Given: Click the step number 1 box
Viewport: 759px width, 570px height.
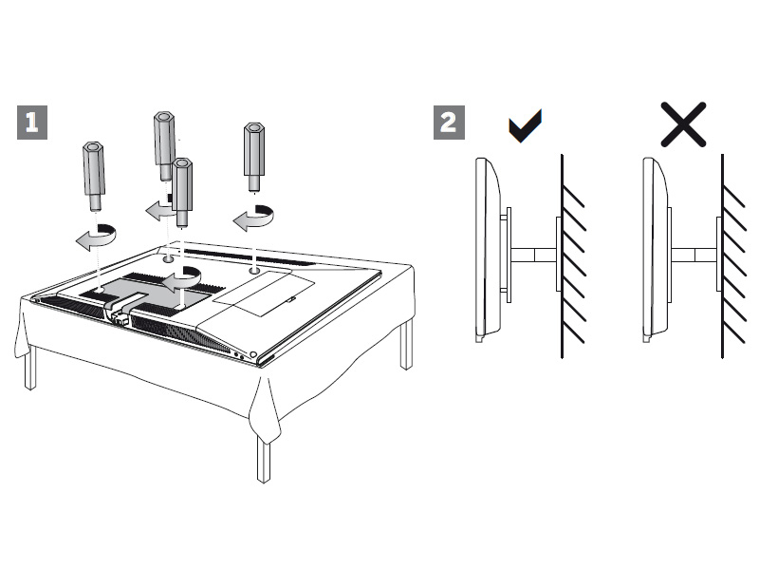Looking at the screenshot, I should pos(32,123).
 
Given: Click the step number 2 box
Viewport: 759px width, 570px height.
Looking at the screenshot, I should pos(450,123).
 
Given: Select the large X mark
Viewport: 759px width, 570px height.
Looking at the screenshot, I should pos(683,124).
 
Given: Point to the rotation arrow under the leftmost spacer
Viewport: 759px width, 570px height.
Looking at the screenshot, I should pos(98,236).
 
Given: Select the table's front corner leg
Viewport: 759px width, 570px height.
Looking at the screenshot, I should pos(263,456).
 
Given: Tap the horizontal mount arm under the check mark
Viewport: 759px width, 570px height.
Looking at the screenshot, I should pos(534,254).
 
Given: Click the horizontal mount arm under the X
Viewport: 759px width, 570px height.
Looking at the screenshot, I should pos(694,254).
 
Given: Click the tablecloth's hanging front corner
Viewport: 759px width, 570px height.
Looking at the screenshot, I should pos(266,418).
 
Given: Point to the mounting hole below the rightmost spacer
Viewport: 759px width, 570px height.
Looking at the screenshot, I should pos(254,271).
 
